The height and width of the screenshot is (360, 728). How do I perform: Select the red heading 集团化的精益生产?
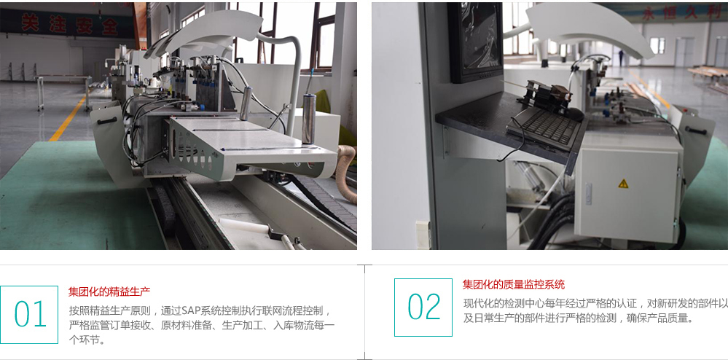(x=109, y=291)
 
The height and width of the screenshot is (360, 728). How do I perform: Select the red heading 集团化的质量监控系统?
(x=513, y=284)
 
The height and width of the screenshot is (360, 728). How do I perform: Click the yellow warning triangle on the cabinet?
(x=623, y=184)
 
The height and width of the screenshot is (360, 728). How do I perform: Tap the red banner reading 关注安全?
(x=70, y=24)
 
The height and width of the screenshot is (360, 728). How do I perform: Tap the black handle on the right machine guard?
(x=696, y=130)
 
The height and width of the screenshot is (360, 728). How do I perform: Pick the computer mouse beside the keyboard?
(x=575, y=114)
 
